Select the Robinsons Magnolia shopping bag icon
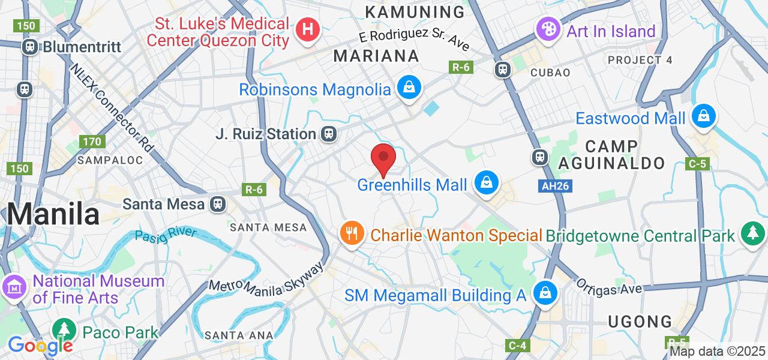(x=409, y=88)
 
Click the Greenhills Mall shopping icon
(x=487, y=182)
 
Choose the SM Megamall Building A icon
(x=545, y=293)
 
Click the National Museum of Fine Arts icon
(x=14, y=287)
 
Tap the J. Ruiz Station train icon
(x=328, y=134)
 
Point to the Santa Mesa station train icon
(x=218, y=204)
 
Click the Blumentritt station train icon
(x=30, y=46)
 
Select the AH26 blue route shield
(x=555, y=186)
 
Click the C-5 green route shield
(x=698, y=163)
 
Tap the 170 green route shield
(x=92, y=142)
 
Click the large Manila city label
(x=53, y=214)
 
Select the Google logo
(x=40, y=346)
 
